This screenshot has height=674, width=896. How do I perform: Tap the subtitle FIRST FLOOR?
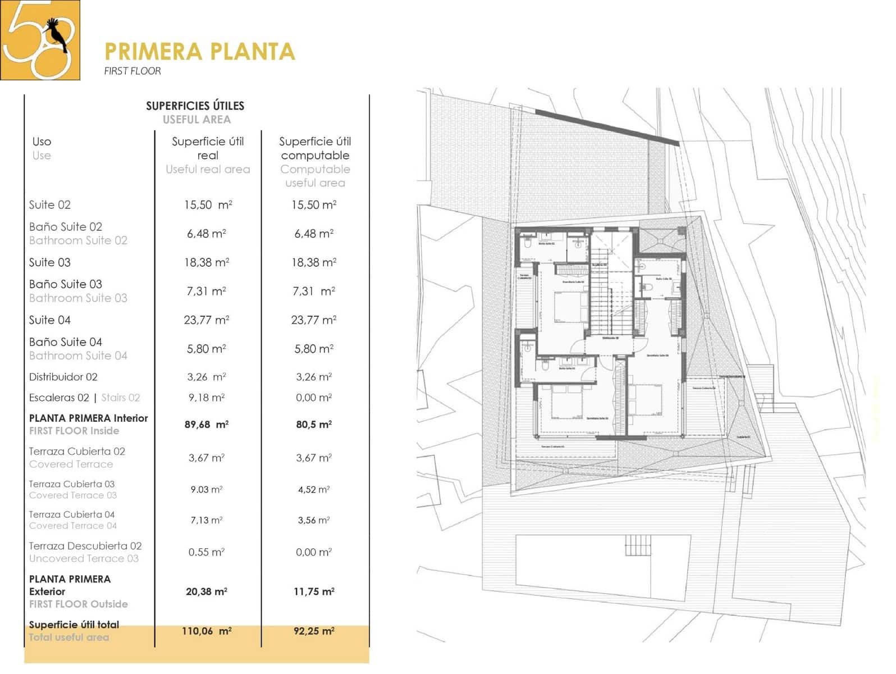132,71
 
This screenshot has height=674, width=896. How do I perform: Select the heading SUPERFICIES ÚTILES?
195,106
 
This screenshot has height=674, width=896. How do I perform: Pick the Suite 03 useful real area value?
207,262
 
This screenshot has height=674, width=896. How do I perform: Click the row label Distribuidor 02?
63,377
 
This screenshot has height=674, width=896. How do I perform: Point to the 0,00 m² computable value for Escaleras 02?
314,398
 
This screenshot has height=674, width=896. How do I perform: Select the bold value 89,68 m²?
207,425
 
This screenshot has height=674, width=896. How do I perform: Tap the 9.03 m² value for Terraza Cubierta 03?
207,490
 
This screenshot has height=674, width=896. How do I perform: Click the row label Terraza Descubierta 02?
85,546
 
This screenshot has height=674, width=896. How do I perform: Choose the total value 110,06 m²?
207,631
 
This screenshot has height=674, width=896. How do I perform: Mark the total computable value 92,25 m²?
314,631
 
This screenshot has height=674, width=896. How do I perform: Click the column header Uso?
42,142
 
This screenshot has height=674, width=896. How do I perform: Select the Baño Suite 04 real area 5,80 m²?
207,349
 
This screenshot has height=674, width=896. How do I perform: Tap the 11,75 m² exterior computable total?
314,591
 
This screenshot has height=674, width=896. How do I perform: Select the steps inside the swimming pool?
638,545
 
